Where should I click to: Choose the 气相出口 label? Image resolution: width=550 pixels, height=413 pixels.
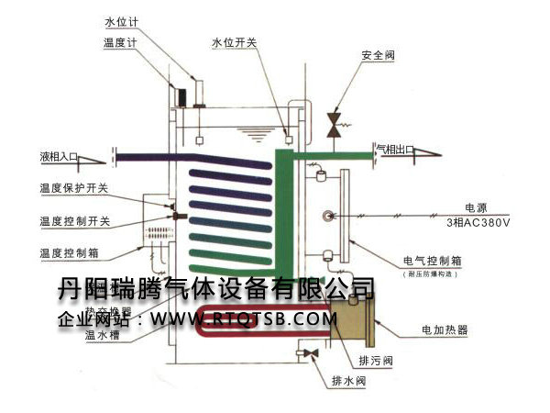(395, 148)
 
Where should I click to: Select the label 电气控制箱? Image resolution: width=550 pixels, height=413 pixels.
(431, 260)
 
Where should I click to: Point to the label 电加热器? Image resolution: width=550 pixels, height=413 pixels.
(444, 328)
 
